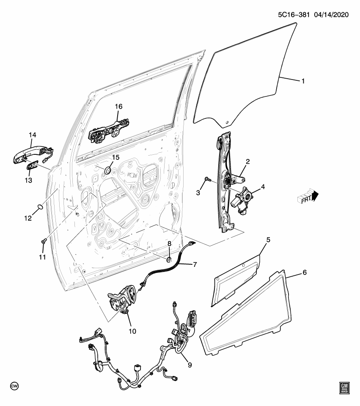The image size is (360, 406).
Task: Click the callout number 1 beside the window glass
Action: (x=302, y=81)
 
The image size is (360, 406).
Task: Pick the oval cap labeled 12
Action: (x=39, y=206)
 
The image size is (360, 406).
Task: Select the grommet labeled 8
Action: (x=169, y=260)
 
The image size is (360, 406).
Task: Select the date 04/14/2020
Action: (x=331, y=14)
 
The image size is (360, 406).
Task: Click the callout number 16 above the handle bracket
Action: (x=118, y=107)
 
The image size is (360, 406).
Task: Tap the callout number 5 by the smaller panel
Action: (x=268, y=240)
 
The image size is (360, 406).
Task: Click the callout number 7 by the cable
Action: (x=195, y=265)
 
